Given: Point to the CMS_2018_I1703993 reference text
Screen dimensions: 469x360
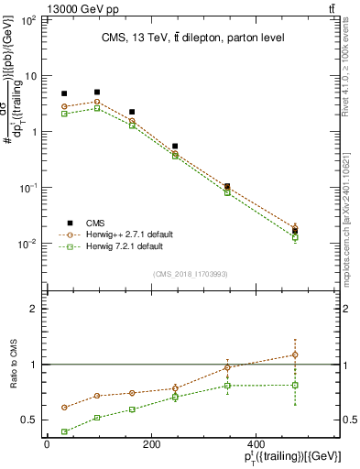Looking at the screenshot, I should click(191, 273).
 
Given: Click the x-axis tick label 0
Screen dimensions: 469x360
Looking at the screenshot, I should click(47, 446).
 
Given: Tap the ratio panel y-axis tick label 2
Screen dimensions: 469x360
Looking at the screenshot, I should click(38, 309).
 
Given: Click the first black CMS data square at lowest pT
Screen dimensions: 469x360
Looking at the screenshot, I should click(64, 93).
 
